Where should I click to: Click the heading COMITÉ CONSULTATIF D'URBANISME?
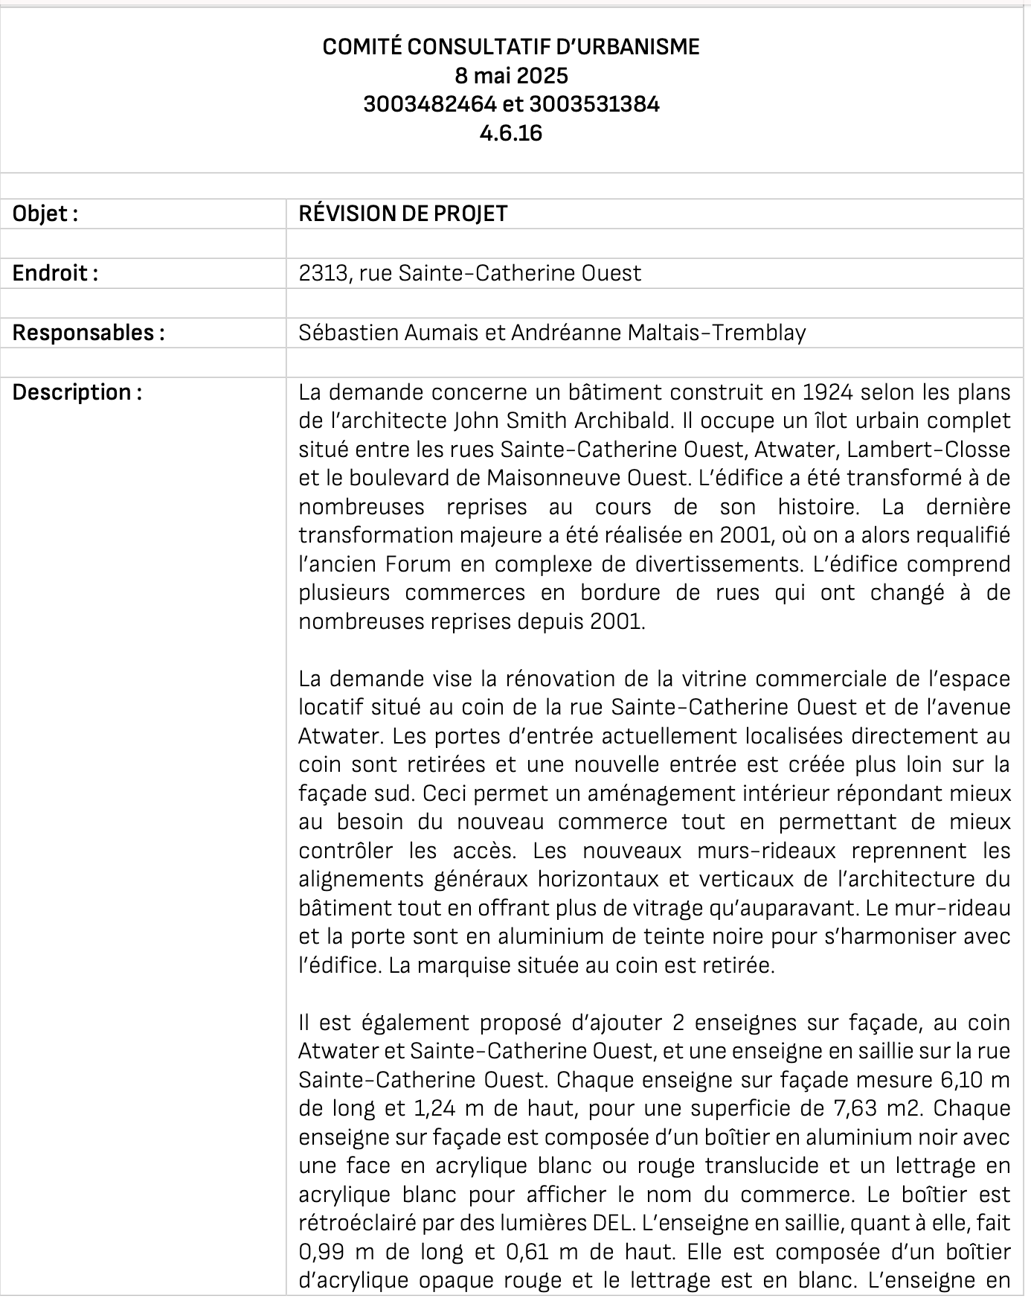(x=511, y=47)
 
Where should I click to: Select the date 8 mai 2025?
(x=511, y=75)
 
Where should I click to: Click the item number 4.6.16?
(x=511, y=132)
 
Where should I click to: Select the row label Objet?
(x=45, y=214)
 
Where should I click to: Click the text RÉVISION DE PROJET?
(x=402, y=214)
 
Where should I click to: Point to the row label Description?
(x=77, y=391)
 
